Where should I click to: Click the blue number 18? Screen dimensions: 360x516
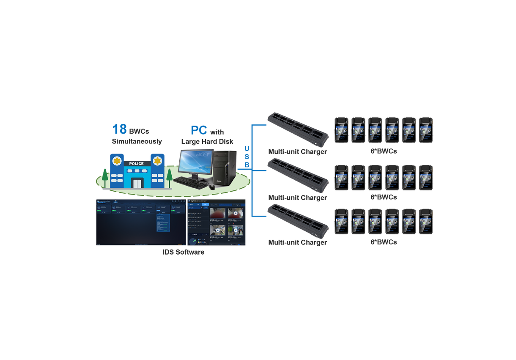[119, 129]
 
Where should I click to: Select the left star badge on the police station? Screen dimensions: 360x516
[117, 162]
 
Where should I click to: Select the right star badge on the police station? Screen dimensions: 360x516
[158, 161]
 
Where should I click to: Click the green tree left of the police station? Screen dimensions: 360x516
[104, 176]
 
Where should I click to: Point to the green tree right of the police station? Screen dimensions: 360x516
[170, 176]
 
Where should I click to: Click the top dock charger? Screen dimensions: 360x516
[298, 129]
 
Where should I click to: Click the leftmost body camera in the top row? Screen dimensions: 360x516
[341, 130]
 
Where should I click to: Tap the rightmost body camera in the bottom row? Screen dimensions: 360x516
[426, 221]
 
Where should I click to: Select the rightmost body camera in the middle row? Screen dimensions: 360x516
[426, 177]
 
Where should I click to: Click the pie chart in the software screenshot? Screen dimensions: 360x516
[193, 242]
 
